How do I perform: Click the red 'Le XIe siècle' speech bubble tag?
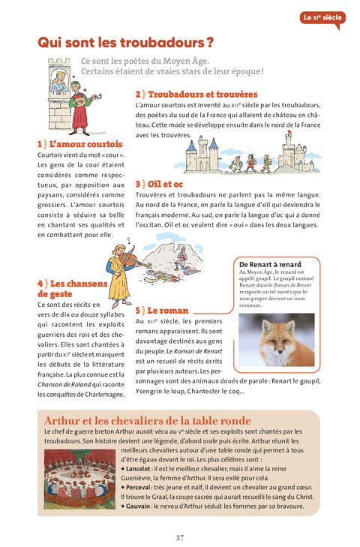[322, 18]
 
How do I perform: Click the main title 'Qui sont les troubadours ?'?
[125, 43]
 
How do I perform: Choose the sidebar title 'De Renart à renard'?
[270, 264]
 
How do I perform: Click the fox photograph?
[276, 339]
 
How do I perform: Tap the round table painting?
[79, 478]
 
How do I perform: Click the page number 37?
[180, 537]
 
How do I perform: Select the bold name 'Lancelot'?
[138, 469]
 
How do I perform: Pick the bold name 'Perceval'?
[138, 487]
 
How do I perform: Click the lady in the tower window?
[60, 83]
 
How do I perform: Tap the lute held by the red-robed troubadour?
[87, 100]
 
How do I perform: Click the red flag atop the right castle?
[289, 132]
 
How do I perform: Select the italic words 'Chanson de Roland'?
[64, 384]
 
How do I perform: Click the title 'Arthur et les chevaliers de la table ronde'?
[148, 420]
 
